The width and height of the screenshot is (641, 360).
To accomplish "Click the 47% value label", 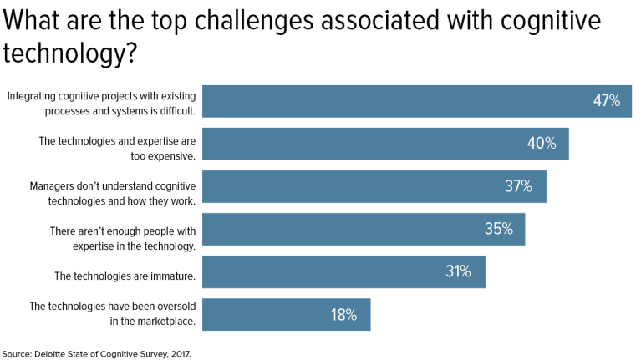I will [607, 101].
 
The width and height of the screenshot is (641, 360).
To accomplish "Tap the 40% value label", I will [542, 144].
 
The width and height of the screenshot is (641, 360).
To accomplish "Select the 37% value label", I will [518, 186].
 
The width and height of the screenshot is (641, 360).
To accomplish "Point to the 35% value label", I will [499, 229].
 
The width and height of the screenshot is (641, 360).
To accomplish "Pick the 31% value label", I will [458, 271].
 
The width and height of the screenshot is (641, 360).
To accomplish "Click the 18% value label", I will [343, 315].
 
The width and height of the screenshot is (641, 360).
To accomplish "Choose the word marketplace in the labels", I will [160, 321].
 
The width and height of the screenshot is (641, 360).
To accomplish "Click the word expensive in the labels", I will [170, 155].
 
